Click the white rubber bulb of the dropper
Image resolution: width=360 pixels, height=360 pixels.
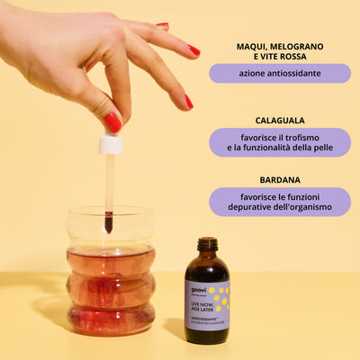coord(111,143)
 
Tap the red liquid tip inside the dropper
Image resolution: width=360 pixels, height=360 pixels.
coord(108,221)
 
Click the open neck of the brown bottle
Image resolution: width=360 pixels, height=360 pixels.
coord(208,243)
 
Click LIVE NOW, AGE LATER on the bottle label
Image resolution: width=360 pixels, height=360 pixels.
coord(199,308)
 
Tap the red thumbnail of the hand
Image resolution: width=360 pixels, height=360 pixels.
coord(112,121)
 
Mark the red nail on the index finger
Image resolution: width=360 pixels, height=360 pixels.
coord(189,102)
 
